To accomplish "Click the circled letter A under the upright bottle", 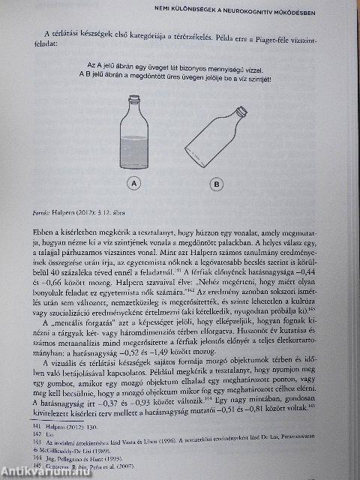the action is tap(133, 182).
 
